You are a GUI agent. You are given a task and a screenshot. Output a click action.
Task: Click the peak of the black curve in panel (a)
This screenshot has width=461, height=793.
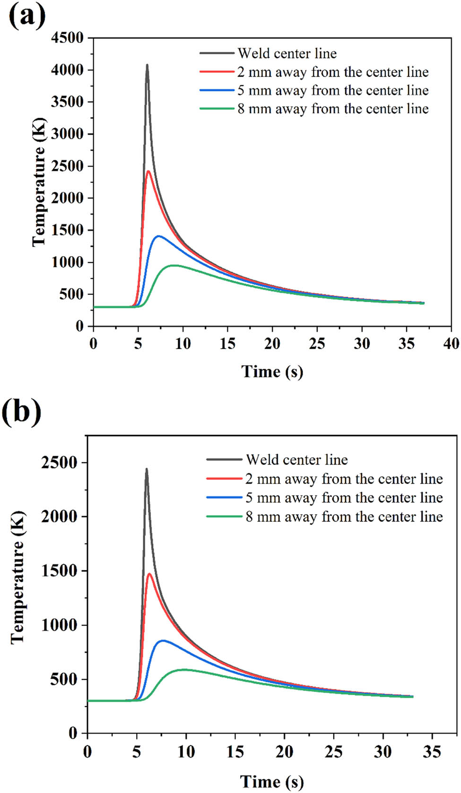click(147, 65)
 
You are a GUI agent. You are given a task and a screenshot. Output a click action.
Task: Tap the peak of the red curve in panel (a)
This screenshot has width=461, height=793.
click(148, 171)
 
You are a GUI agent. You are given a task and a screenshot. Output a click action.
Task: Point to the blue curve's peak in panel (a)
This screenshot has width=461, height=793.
click(158, 236)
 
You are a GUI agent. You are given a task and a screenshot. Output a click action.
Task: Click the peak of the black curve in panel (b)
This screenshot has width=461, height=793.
click(147, 469)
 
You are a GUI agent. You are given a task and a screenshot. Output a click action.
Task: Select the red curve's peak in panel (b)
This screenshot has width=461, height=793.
click(149, 574)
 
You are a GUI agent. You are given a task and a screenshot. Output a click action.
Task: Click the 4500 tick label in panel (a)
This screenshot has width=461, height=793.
click(67, 38)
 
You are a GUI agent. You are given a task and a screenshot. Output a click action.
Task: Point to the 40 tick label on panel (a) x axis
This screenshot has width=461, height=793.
click(451, 344)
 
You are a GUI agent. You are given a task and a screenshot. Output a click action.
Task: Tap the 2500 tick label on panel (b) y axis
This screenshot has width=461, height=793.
click(59, 463)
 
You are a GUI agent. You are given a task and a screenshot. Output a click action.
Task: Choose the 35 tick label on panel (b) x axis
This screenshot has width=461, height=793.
click(432, 752)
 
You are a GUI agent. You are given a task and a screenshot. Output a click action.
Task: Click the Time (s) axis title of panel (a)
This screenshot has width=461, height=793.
click(272, 372)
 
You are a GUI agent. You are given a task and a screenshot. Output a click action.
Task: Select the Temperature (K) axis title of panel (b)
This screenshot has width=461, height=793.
click(18, 578)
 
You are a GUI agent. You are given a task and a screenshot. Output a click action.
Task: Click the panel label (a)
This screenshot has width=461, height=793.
click(27, 17)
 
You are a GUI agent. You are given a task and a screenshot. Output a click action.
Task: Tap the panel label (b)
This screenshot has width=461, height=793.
click(22, 412)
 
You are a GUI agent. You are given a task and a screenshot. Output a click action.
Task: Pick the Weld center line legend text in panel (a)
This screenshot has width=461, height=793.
click(287, 53)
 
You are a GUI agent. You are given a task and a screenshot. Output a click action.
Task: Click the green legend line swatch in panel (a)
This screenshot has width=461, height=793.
click(217, 109)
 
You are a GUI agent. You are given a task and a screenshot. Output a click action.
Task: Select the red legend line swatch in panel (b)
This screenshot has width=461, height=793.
click(224, 479)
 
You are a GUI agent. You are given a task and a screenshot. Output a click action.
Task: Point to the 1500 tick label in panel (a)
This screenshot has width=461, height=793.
click(67, 230)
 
